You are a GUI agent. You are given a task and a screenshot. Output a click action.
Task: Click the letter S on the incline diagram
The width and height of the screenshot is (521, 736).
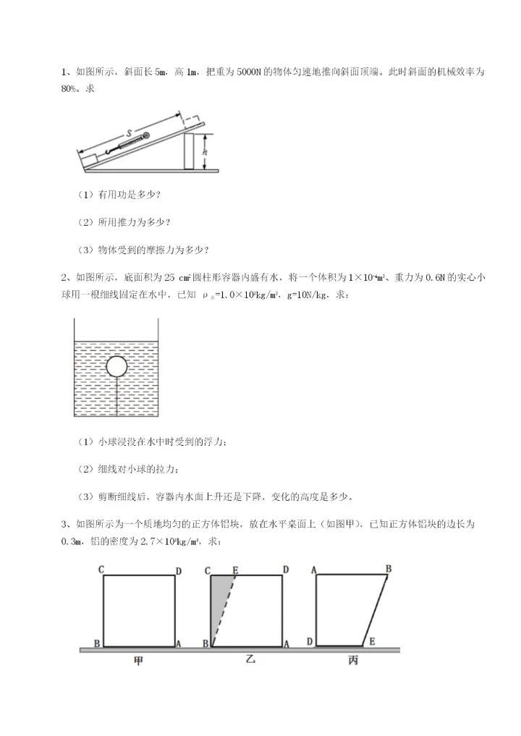(128, 133)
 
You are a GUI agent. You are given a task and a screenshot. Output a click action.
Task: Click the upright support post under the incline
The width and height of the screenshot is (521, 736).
(190, 151)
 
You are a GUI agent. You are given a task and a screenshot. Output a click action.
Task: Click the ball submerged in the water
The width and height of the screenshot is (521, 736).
(117, 367)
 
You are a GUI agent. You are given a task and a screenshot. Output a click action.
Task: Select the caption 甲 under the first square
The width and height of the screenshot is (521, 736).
(139, 660)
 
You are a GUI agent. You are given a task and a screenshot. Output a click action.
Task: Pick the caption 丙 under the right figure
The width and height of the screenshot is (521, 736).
(353, 660)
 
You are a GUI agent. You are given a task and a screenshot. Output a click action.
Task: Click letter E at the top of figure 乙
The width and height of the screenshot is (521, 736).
(235, 570)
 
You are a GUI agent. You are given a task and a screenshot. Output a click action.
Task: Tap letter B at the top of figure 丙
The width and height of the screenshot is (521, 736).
(388, 569)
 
